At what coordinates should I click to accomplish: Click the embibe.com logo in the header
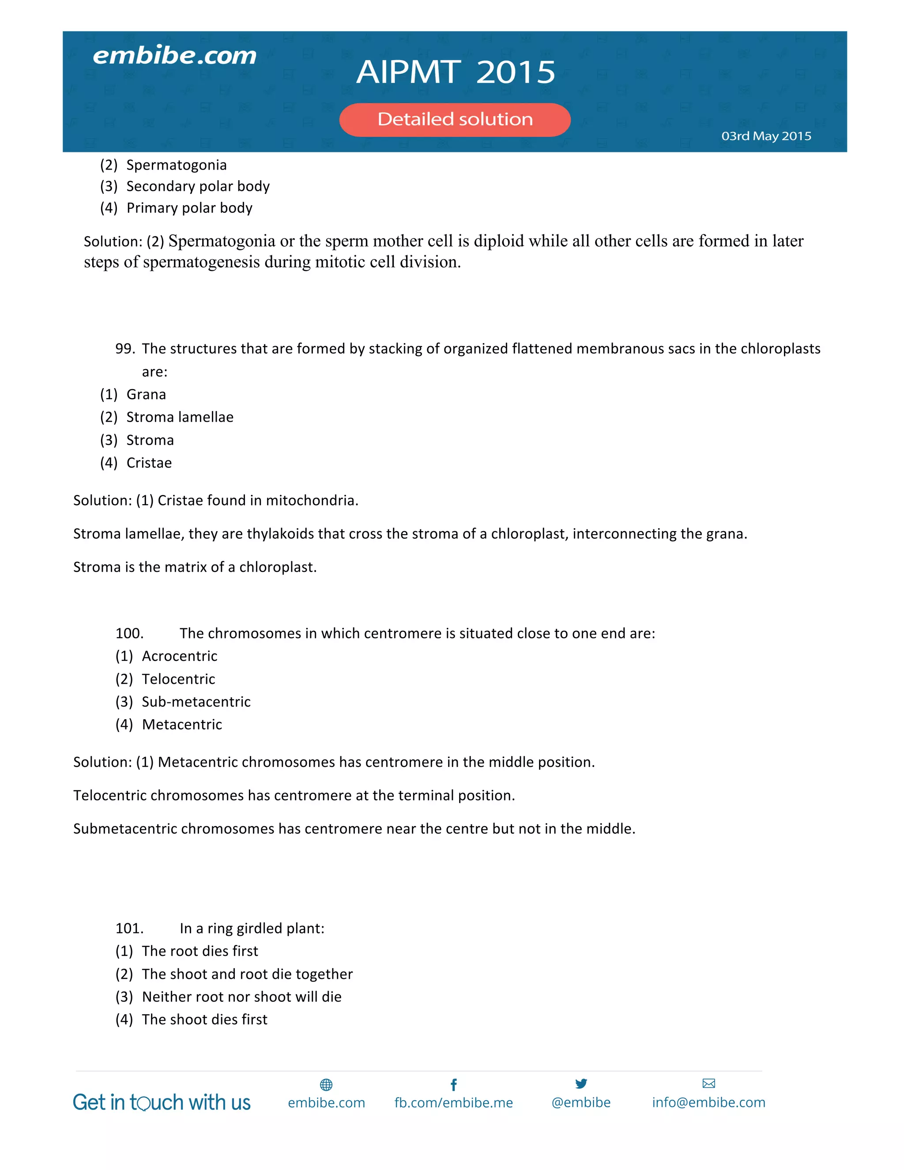(175, 56)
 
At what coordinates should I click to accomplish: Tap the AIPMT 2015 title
(456, 72)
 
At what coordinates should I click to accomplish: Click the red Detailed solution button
(455, 120)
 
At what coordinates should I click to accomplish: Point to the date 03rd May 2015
(766, 136)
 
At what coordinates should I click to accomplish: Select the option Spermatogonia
(176, 165)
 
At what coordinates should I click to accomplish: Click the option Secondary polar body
(198, 186)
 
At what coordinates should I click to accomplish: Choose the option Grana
(146, 395)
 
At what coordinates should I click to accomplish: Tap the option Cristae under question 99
(149, 463)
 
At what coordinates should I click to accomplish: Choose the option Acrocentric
(179, 656)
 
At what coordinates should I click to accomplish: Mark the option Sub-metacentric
(196, 702)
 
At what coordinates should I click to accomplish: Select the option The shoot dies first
(204, 1019)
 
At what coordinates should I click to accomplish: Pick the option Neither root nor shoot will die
(241, 997)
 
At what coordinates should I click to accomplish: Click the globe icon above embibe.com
(326, 1085)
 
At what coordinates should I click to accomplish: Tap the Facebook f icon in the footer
(454, 1085)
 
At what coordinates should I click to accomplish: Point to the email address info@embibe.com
(708, 1102)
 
